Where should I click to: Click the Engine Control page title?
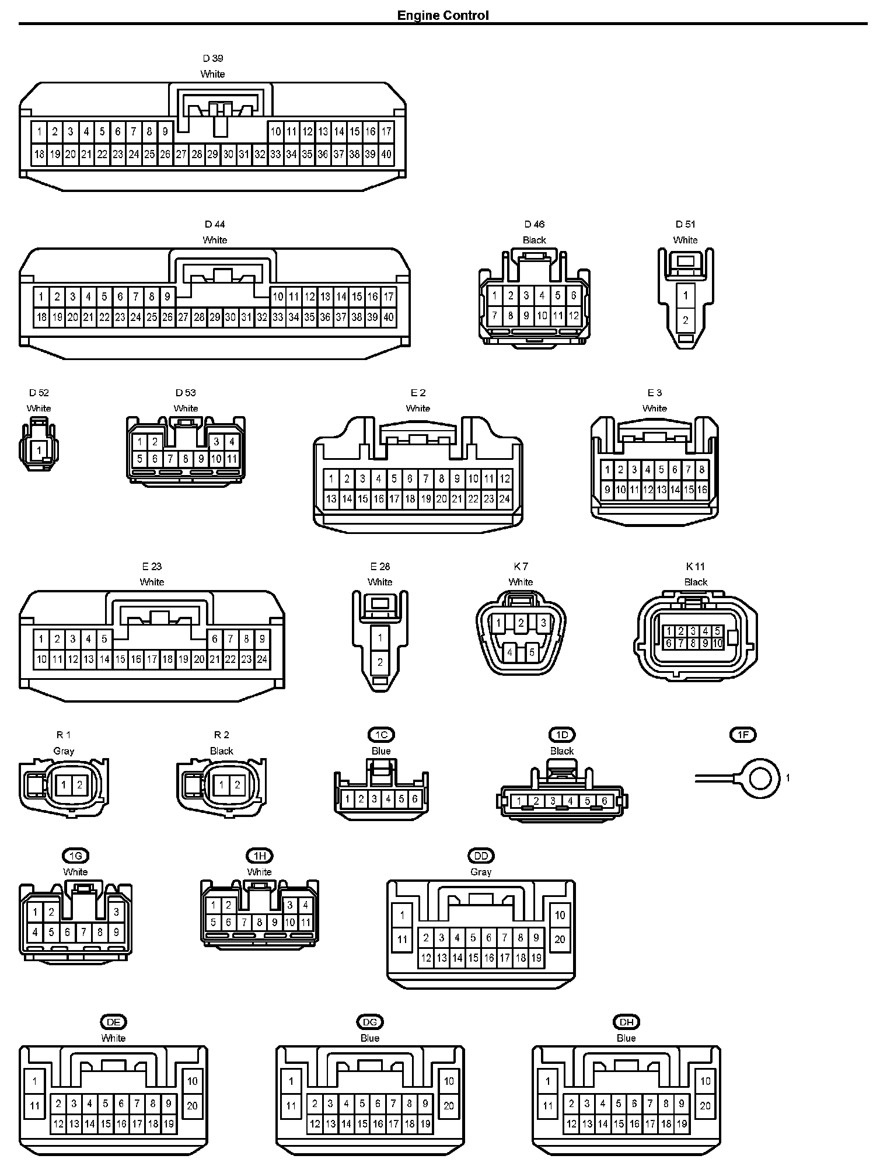(443, 15)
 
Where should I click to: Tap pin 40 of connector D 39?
(386, 155)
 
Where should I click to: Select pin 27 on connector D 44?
(183, 317)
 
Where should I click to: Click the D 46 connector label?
(534, 224)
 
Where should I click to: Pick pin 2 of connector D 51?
(686, 320)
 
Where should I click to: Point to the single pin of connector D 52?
(39, 450)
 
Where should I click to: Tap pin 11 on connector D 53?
(232, 459)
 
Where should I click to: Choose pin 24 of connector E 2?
(505, 499)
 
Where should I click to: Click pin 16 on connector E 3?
(702, 490)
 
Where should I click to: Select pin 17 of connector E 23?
(152, 659)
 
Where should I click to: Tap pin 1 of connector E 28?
(380, 638)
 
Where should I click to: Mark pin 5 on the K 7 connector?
(532, 652)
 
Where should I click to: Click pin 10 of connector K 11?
(718, 643)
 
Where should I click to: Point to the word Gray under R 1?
(64, 751)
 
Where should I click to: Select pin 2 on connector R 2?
(238, 785)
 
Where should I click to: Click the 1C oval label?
(381, 735)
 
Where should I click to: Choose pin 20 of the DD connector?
(560, 940)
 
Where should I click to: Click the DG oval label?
(370, 1022)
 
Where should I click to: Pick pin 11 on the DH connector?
(547, 1105)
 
